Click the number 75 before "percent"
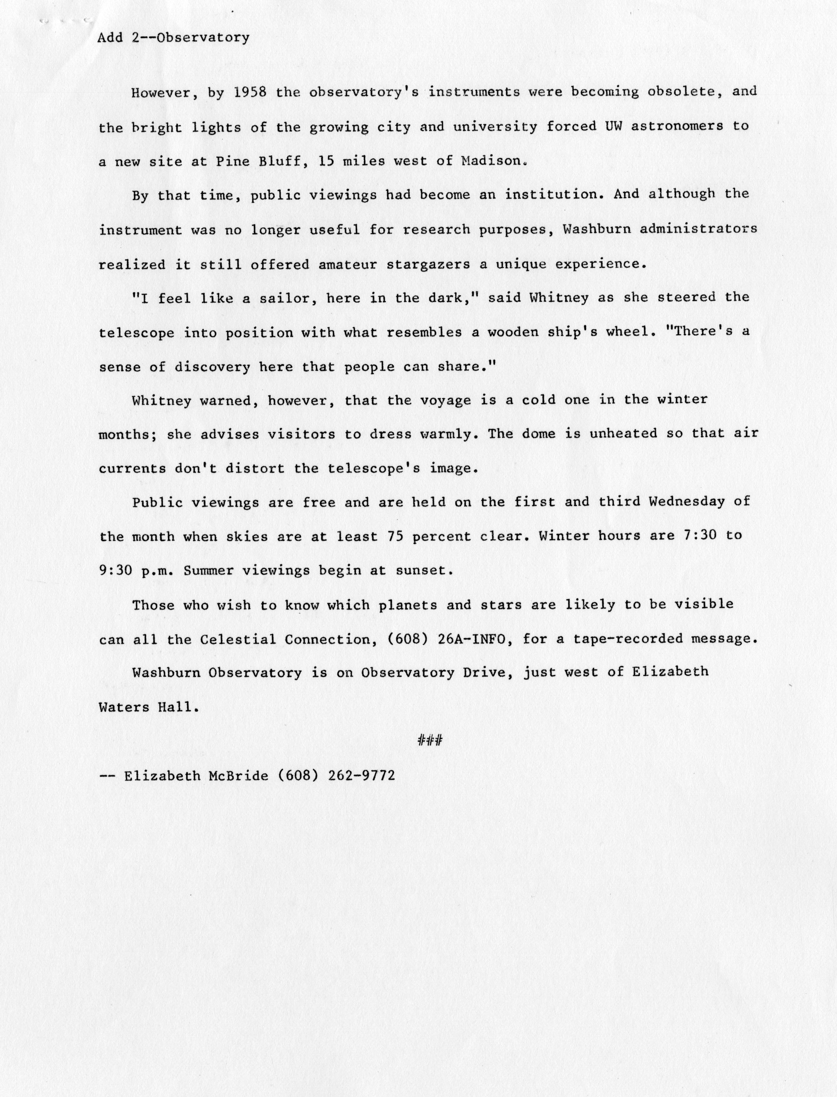(394, 536)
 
